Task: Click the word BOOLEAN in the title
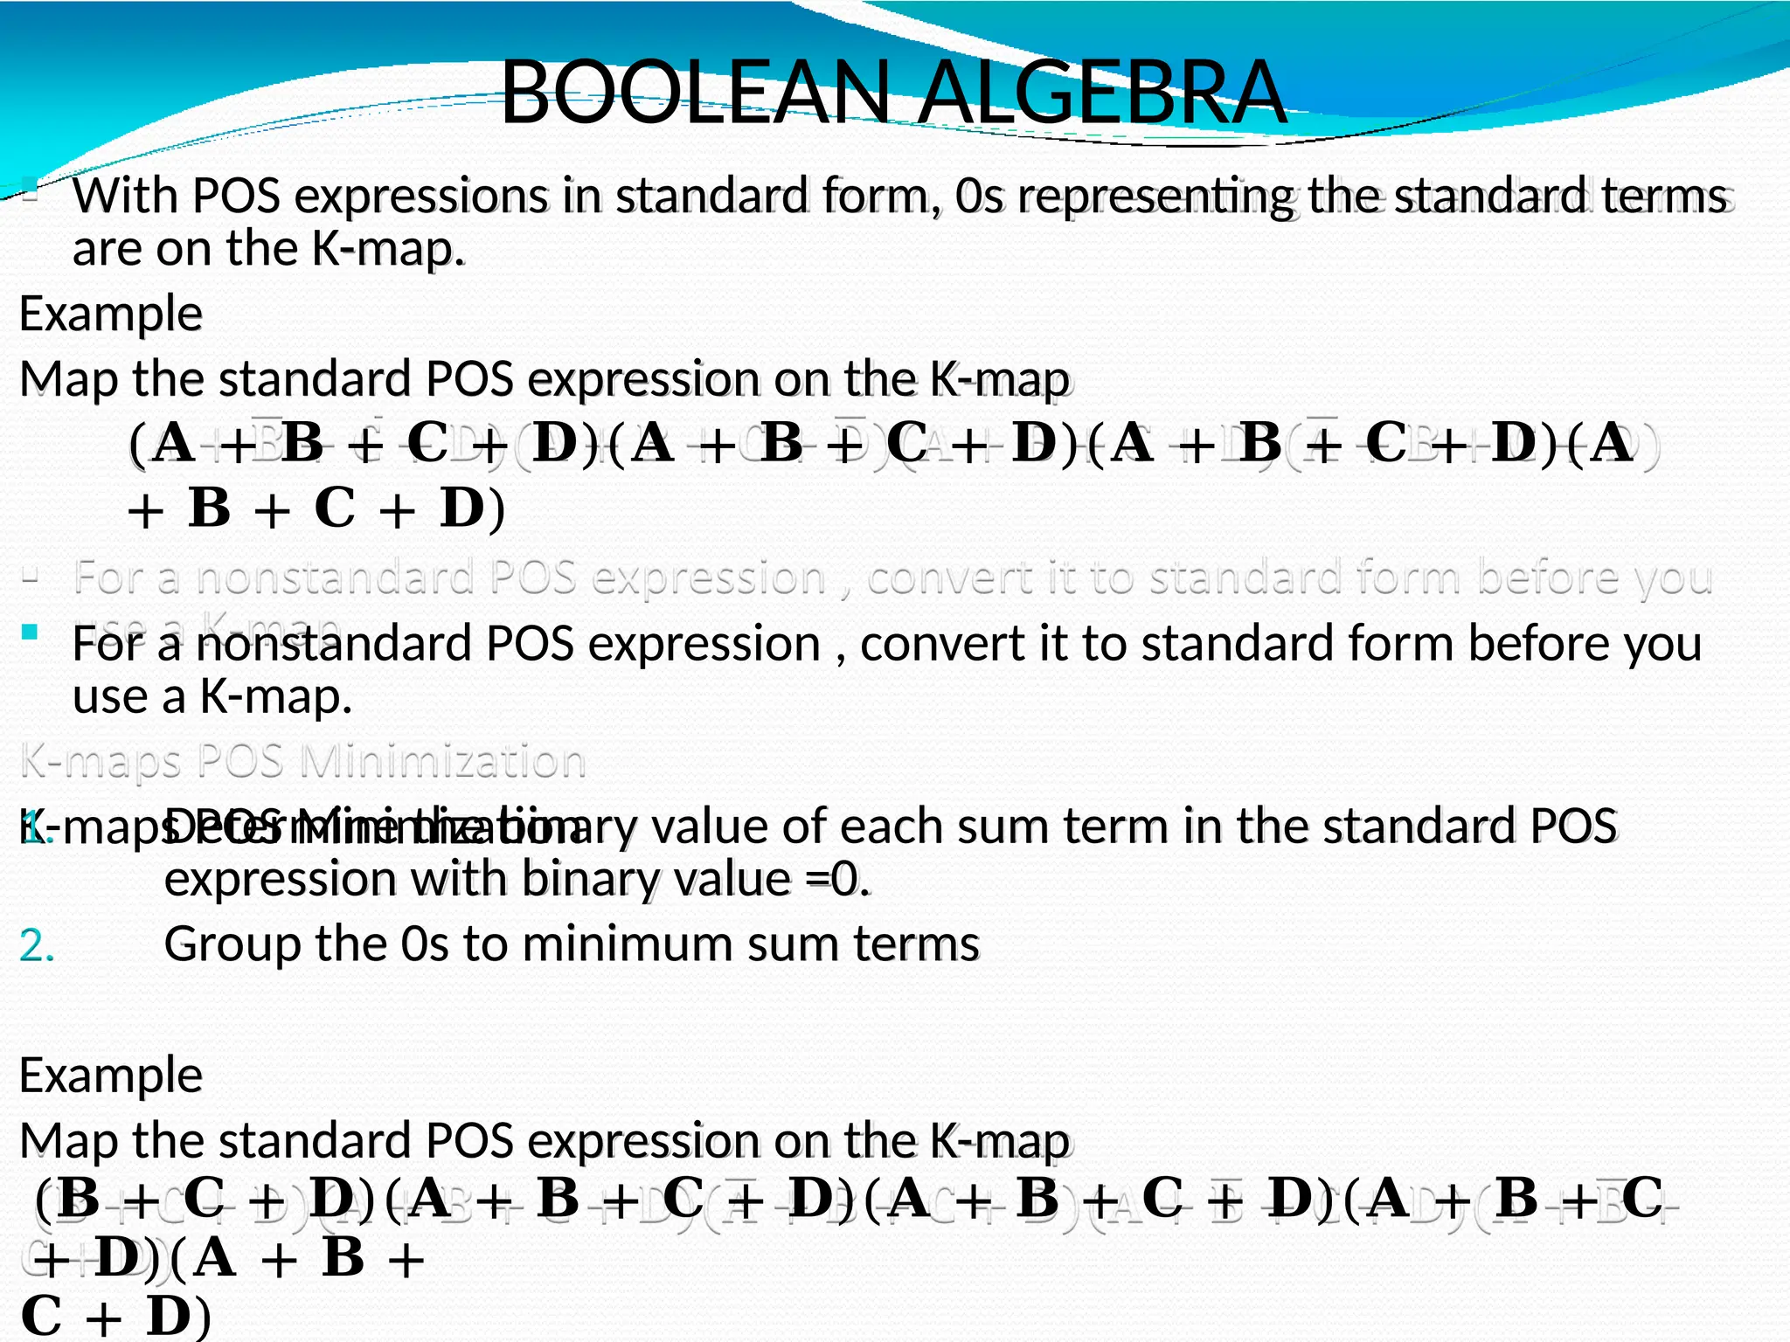pyautogui.click(x=696, y=93)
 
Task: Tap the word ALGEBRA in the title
pyautogui.click(x=1103, y=93)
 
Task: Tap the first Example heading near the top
pyautogui.click(x=111, y=314)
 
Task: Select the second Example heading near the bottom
pyautogui.click(x=111, y=1076)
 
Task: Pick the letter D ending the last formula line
pyautogui.click(x=168, y=1316)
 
